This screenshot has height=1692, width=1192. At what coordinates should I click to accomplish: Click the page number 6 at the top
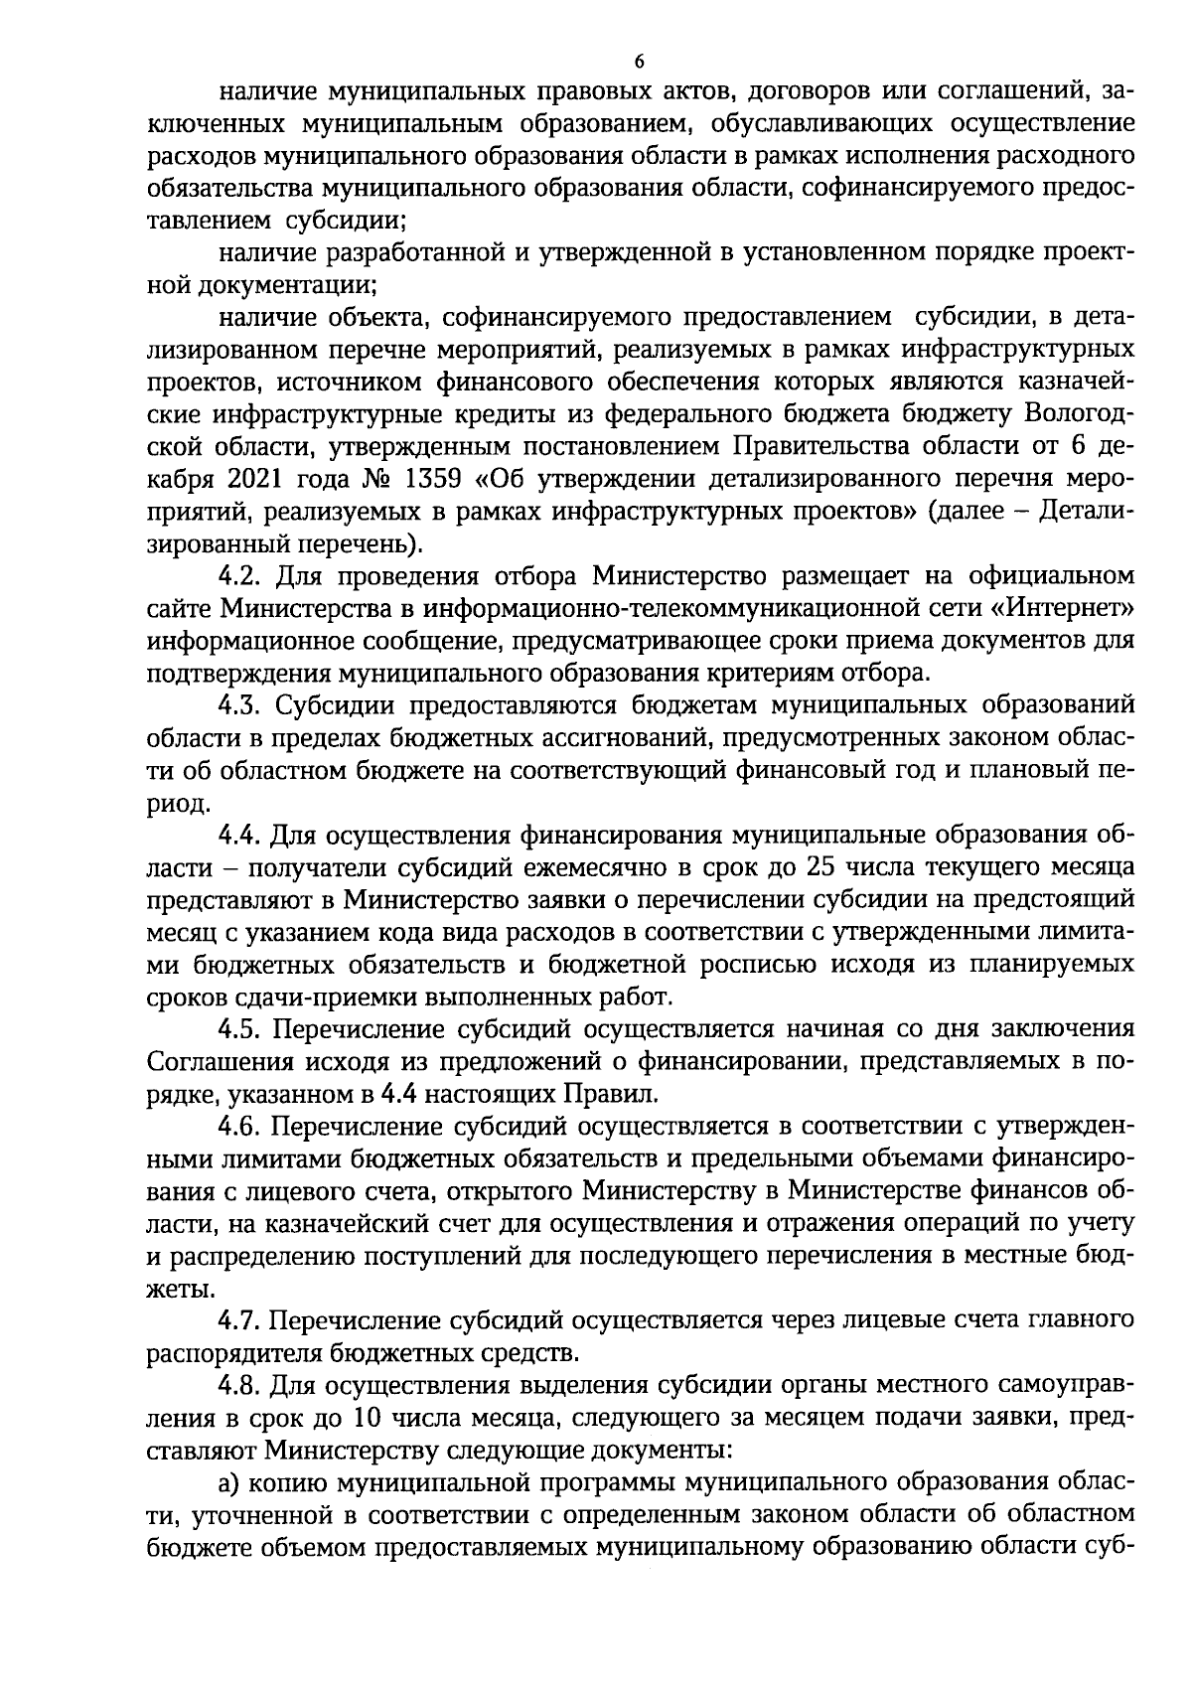click(639, 61)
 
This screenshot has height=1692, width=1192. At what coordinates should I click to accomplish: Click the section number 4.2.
click(241, 575)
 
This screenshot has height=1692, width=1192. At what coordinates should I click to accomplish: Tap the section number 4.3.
click(241, 705)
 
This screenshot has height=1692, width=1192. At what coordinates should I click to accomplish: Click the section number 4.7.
click(241, 1320)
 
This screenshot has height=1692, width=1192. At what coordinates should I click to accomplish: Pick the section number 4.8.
click(241, 1385)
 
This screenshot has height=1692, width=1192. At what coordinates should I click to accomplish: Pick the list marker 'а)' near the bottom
click(230, 1482)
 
